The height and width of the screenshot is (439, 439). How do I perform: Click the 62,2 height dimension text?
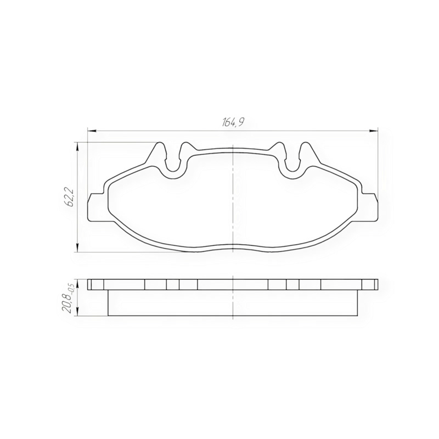tap(70, 198)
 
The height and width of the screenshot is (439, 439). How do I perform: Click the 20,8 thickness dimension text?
tap(68, 304)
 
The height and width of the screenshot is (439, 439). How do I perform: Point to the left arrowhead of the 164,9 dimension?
tap(92, 131)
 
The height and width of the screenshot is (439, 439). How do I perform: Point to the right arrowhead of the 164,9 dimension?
tap(374, 131)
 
